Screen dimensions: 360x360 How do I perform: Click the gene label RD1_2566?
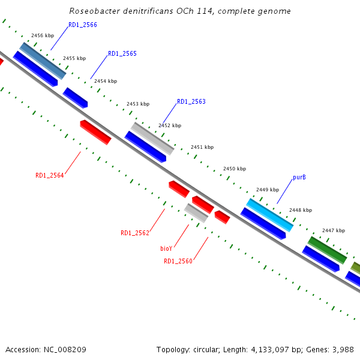click(x=83, y=25)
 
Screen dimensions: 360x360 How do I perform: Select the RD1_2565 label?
click(x=122, y=53)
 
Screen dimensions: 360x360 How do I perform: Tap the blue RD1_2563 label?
click(x=191, y=101)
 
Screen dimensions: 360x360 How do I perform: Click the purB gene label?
click(x=299, y=178)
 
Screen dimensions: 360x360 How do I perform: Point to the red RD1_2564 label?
click(x=50, y=175)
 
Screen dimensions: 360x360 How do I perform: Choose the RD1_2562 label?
click(x=135, y=233)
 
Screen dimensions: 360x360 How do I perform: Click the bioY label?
click(x=166, y=248)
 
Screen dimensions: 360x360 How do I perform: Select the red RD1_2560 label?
click(x=178, y=261)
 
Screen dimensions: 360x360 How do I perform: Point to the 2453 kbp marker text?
click(x=137, y=104)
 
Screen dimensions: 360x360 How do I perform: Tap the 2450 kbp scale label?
click(x=235, y=169)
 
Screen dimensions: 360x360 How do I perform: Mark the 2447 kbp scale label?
click(x=334, y=230)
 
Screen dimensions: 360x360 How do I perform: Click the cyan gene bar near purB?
click(x=270, y=214)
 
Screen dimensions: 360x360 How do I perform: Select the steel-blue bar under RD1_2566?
click(x=43, y=61)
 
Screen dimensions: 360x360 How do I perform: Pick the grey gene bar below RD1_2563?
click(x=153, y=138)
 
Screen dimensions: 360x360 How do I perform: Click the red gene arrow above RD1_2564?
click(x=96, y=132)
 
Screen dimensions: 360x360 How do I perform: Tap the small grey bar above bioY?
click(x=196, y=212)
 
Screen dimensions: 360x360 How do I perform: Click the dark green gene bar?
click(x=328, y=250)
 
